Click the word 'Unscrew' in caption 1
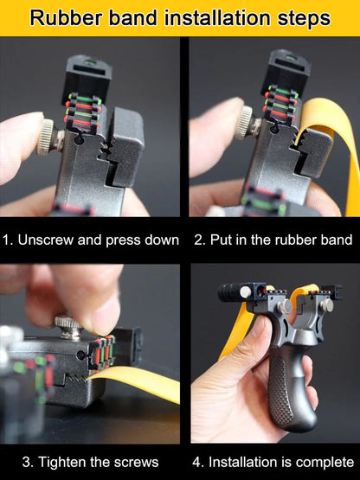point(47,240)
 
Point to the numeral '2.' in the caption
point(199,240)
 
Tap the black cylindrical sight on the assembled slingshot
point(234,292)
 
